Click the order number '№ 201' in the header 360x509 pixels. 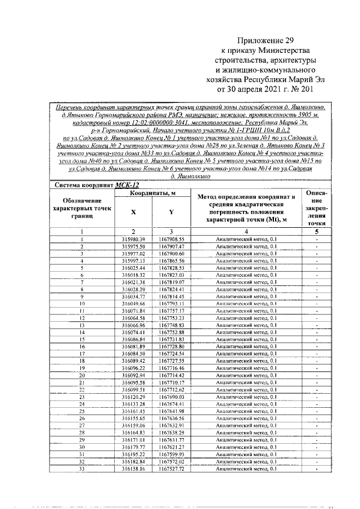pyautogui.click(x=300, y=88)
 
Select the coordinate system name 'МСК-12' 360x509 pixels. pyautogui.click(x=127, y=184)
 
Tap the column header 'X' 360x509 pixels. pyautogui.click(x=133, y=212)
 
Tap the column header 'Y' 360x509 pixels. pyautogui.click(x=171, y=212)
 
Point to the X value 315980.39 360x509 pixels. pyautogui.click(x=133, y=239)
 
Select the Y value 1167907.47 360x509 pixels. pyautogui.click(x=171, y=246)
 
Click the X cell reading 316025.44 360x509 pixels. pyautogui.click(x=133, y=268)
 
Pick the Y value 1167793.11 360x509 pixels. pyautogui.click(x=171, y=303)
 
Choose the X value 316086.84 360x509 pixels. pyautogui.click(x=133, y=340)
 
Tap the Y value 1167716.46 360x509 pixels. pyautogui.click(x=171, y=368)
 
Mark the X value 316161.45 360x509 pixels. pyautogui.click(x=133, y=411)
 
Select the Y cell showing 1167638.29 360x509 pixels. pyautogui.click(x=171, y=432)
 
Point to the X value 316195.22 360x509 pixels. pyautogui.click(x=133, y=453)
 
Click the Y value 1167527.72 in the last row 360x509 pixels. pyautogui.click(x=171, y=468)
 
